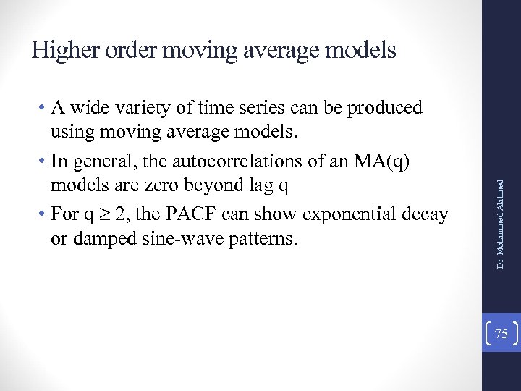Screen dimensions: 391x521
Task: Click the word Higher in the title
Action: [x=67, y=49]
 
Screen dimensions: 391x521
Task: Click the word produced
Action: [x=386, y=109]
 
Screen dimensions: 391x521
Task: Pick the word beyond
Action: [x=223, y=186]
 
